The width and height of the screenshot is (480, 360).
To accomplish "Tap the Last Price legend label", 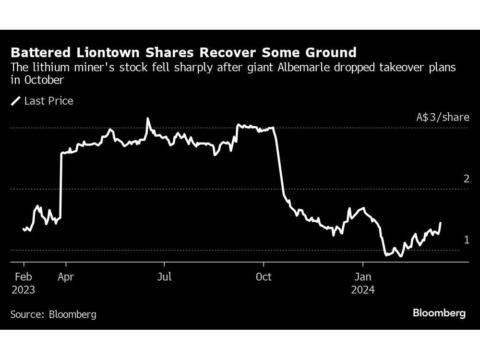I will point(48,101).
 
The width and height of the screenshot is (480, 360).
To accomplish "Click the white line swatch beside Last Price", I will point(16,101).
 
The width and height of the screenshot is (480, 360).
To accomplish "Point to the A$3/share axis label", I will point(442,117).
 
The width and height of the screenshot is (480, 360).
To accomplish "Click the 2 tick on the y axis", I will point(466,179).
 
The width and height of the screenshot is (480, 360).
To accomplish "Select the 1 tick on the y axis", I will point(466,240).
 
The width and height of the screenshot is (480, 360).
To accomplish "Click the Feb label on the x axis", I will point(23,277).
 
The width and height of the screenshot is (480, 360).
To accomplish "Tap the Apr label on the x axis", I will point(66,277).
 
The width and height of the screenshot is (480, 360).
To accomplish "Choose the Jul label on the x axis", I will point(165,277).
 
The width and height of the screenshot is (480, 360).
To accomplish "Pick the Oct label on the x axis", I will point(264,277).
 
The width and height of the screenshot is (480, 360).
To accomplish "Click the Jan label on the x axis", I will point(362,277).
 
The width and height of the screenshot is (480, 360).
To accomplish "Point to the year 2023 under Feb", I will point(23,290).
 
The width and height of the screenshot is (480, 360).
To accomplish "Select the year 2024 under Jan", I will point(362,290).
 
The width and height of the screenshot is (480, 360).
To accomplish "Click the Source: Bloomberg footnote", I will point(53,314).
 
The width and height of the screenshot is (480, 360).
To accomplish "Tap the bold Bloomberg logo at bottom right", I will point(439,313).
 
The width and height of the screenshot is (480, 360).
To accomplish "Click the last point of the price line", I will point(441,223).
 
